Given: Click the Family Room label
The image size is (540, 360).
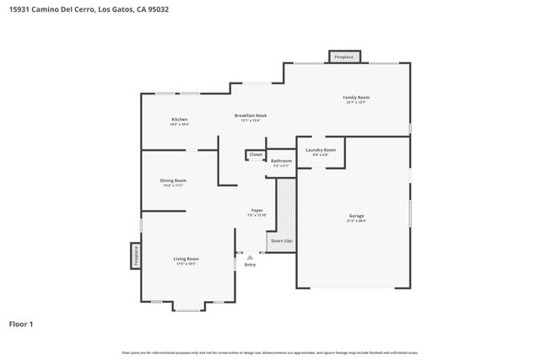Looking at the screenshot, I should [355, 98].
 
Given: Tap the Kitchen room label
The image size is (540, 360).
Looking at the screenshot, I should [180, 120].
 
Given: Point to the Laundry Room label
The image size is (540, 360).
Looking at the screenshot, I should [321, 150].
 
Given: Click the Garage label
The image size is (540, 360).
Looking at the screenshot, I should [356, 217].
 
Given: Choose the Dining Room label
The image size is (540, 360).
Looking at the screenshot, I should [173, 180].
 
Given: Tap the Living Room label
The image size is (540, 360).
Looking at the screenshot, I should [186, 259].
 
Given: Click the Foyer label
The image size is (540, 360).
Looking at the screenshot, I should [257, 210].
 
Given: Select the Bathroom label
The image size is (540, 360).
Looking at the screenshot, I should [281, 161].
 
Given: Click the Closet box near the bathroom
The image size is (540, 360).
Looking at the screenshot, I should [256, 154].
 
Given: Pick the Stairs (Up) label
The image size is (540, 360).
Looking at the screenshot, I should [282, 241].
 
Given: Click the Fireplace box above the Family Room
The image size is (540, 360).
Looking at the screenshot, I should [344, 57].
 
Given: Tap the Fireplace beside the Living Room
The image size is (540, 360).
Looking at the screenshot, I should [135, 255].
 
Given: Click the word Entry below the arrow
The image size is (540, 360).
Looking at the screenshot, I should [250, 266].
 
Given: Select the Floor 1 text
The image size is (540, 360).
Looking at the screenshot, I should [22, 323].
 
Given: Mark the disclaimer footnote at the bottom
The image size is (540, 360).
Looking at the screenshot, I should [269, 352].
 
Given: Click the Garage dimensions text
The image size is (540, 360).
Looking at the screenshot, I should [356, 222].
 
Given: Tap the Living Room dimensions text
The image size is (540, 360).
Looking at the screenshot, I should [186, 264].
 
